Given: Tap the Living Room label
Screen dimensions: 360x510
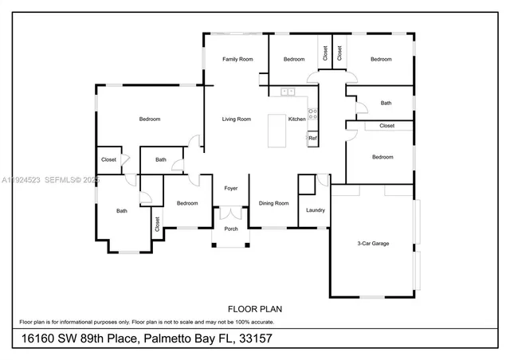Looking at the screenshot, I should [x=236, y=119].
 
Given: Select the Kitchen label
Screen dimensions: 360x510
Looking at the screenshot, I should [x=296, y=119].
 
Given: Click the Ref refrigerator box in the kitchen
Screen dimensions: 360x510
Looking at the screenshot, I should [x=312, y=139].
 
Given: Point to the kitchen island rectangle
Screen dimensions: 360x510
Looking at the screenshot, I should [x=277, y=131].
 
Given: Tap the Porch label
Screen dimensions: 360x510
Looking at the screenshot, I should [x=230, y=229].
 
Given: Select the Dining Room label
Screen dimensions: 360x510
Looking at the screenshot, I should [x=273, y=203].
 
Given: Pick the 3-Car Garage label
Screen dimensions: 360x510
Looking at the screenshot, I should [x=372, y=243].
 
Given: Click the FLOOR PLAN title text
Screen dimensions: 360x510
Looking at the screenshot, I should [x=254, y=308].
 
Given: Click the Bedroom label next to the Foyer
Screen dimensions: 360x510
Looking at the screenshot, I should [x=186, y=203].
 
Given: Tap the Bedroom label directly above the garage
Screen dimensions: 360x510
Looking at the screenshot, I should [x=382, y=157].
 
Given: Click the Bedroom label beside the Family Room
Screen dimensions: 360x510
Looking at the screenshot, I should [x=293, y=59].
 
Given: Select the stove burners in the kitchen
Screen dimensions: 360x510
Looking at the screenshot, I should [x=312, y=114].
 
